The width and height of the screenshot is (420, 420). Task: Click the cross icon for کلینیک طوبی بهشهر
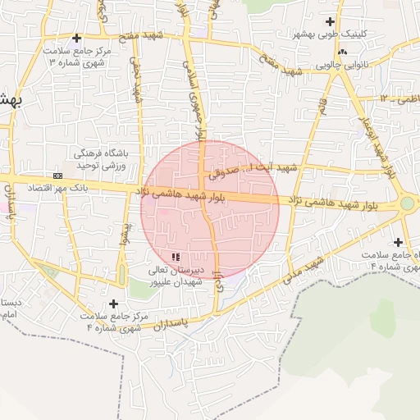(x=331, y=21)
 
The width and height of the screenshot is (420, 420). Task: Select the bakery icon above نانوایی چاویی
(x=342, y=52)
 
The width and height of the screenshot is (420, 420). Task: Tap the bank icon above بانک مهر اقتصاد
(x=57, y=176)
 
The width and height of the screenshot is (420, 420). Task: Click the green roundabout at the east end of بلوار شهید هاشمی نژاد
(x=407, y=203)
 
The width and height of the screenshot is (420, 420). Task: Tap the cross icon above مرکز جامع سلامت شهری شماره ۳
(x=77, y=38)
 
